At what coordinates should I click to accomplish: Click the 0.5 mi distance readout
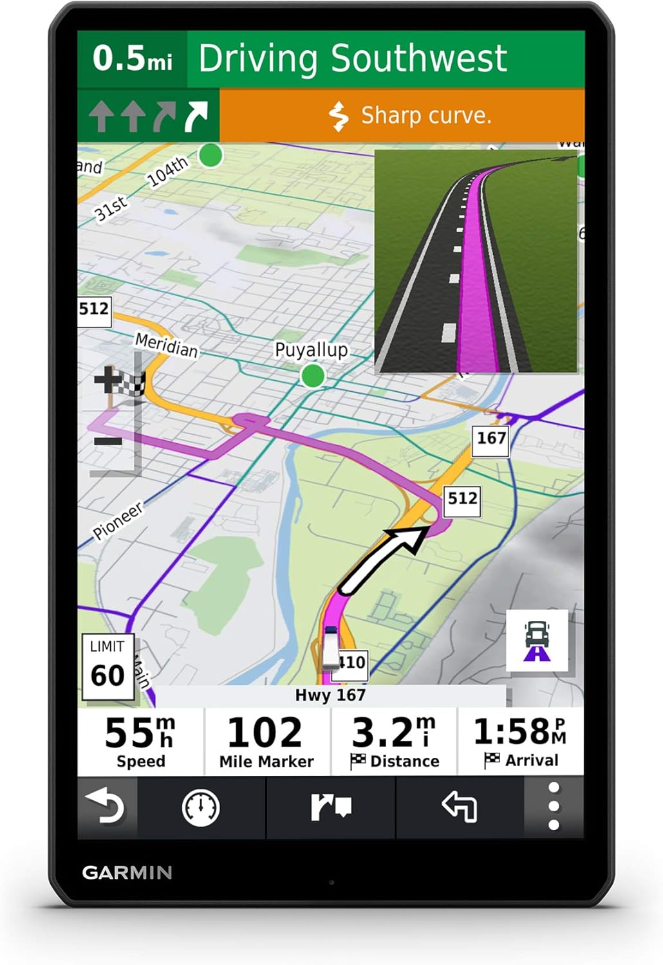[133, 59]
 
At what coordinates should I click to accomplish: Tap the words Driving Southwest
[353, 59]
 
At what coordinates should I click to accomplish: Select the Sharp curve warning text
[425, 116]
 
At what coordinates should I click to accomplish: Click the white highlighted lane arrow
[196, 116]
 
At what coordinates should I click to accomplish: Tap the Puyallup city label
[311, 350]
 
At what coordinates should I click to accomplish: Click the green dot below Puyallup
[313, 376]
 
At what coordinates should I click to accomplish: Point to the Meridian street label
[166, 345]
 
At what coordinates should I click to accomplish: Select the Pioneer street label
[118, 521]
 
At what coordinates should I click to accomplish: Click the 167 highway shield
[491, 439]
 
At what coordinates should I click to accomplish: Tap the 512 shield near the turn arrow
[462, 499]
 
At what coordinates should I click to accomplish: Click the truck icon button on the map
[537, 641]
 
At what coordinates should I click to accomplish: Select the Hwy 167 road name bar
[330, 695]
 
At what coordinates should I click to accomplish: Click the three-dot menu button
[554, 807]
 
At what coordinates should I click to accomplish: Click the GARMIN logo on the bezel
[127, 873]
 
